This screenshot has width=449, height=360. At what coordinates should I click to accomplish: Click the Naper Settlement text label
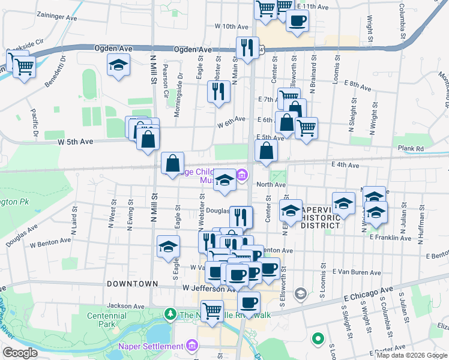[x=158, y=346]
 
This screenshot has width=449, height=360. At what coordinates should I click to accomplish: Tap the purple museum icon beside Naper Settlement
[x=192, y=346]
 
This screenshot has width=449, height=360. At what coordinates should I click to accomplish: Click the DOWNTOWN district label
[x=132, y=283]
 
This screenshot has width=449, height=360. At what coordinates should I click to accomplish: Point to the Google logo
[x=20, y=353]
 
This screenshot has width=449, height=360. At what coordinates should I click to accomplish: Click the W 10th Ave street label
[x=231, y=27]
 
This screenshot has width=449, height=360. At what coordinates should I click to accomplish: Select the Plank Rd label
[x=411, y=148]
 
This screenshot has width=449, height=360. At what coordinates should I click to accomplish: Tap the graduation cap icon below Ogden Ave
[x=119, y=65]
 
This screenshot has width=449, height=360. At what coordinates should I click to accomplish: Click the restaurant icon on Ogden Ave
[x=247, y=48]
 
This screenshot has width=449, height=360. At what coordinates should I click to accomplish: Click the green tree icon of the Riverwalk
[x=170, y=314]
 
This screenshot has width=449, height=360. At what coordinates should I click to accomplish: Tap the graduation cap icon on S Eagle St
[x=169, y=247]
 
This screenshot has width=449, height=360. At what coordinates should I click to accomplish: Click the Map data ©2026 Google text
[x=412, y=355]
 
